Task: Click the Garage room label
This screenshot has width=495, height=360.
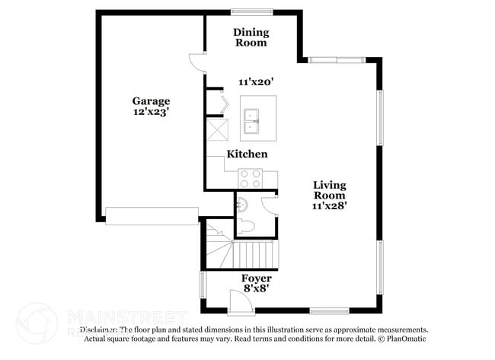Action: tap(151, 100)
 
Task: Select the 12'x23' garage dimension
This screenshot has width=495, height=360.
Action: tap(151, 112)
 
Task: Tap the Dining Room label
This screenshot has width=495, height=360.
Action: tap(250, 37)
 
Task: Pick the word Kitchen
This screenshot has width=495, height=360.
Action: tap(247, 155)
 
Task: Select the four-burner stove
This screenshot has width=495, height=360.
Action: tap(251, 179)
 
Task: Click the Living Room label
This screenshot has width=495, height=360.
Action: tap(329, 190)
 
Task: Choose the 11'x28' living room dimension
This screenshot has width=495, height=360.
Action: tap(329, 205)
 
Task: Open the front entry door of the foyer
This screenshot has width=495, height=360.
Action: tap(238, 303)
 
